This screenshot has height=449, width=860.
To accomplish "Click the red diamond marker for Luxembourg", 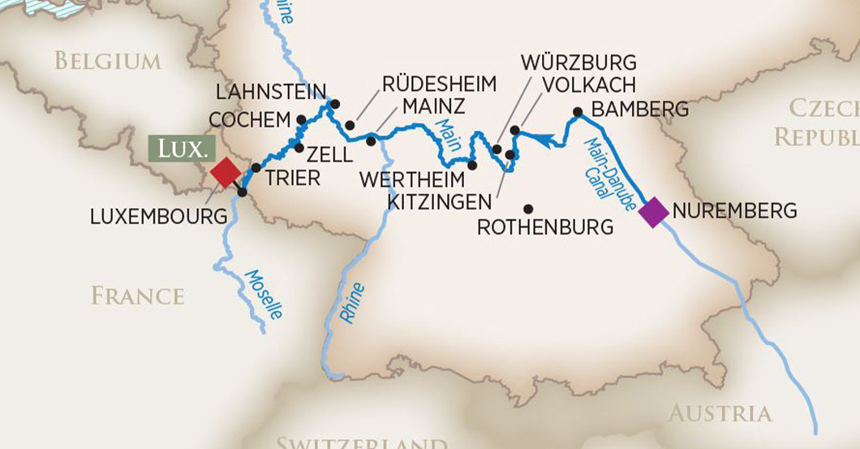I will (x=225, y=172).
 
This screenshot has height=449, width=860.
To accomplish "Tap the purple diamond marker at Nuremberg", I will (x=653, y=212).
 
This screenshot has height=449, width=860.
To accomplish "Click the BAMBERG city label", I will (x=640, y=109).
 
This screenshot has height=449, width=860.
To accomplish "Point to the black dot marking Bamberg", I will (x=578, y=112).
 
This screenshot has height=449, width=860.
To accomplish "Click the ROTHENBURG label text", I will (x=544, y=227).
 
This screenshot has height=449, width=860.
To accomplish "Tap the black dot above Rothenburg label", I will (x=528, y=209).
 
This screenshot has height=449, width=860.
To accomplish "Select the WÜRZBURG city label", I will (x=578, y=63).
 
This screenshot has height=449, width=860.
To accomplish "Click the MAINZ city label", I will (x=433, y=106).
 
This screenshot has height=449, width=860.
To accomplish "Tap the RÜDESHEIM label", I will (x=439, y=84).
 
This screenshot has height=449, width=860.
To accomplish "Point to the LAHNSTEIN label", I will (x=272, y=91).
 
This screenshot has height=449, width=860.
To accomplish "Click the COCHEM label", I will (x=249, y=120).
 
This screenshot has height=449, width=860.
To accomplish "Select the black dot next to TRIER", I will (x=256, y=167).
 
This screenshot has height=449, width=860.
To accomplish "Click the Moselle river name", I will (x=264, y=293).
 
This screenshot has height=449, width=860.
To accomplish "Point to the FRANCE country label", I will (x=137, y=296).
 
